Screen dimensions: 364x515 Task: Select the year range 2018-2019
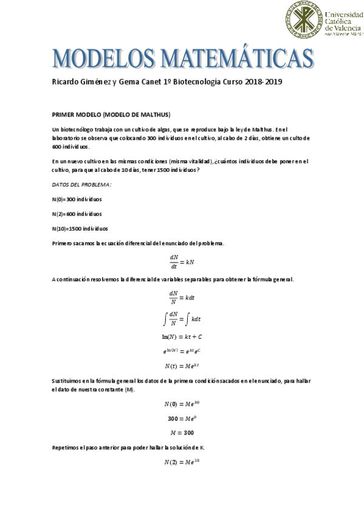pyautogui.click(x=264, y=81)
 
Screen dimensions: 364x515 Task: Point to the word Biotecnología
pyautogui.click(x=198, y=81)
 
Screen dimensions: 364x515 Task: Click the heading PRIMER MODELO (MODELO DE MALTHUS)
pyautogui.click(x=111, y=114)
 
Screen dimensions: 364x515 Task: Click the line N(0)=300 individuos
pyautogui.click(x=77, y=199)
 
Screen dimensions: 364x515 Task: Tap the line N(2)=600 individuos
pyautogui.click(x=77, y=214)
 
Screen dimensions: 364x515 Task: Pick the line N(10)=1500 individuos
pyautogui.click(x=80, y=228)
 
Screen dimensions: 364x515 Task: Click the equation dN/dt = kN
pyautogui.click(x=182, y=261)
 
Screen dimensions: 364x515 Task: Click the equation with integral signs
pyautogui.click(x=182, y=318)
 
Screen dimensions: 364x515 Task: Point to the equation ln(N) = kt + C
pyautogui.click(x=182, y=336)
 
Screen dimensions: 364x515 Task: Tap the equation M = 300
pyautogui.click(x=182, y=432)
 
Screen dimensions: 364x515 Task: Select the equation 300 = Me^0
pyautogui.click(x=182, y=418)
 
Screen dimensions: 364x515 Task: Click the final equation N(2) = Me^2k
pyautogui.click(x=182, y=462)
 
